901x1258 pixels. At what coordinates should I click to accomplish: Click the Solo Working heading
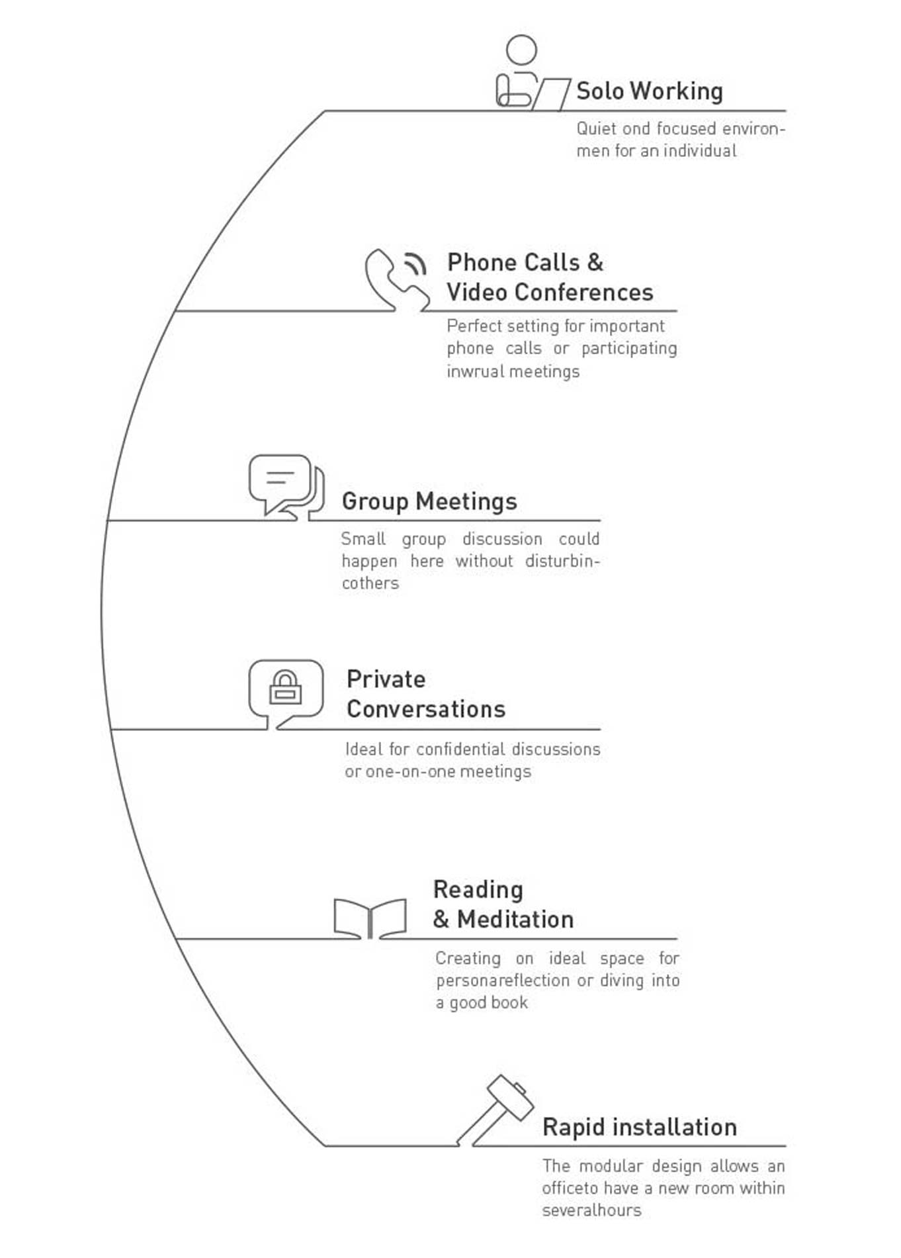pos(649,91)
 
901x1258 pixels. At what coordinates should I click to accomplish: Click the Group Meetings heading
pos(429,501)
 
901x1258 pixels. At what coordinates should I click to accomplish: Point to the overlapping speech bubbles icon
pos(286,487)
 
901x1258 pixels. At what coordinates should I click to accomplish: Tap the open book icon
pos(370,918)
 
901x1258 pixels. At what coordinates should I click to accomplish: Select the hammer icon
pos(495,1110)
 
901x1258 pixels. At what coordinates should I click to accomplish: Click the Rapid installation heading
pos(639,1127)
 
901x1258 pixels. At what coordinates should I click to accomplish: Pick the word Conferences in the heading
pos(584,292)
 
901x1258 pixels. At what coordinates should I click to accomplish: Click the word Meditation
pos(515,919)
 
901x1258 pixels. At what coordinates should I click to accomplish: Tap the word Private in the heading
pos(386,679)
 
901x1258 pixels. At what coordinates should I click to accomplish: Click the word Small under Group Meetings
pos(363,538)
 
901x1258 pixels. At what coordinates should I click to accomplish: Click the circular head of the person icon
pos(521,50)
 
